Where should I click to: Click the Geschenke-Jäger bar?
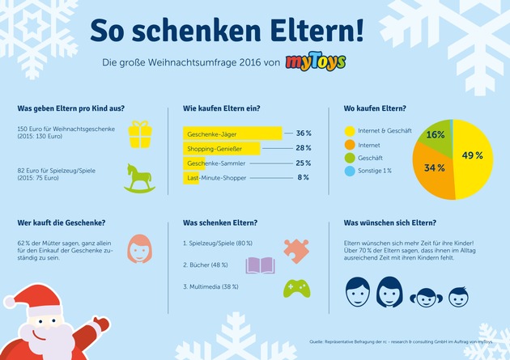pos(232,133)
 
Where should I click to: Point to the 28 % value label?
pos(304,148)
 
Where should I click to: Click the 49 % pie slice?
pos(471,155)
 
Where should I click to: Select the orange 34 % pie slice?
pos(431,169)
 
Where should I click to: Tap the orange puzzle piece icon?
pos(295,248)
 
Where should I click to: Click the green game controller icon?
pos(294,288)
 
